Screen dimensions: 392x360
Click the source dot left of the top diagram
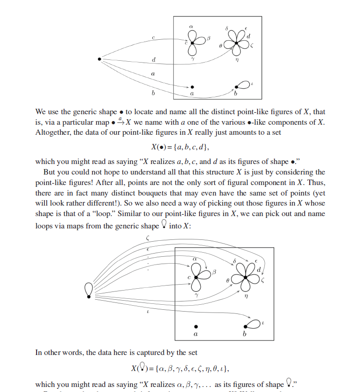click(x=99, y=58)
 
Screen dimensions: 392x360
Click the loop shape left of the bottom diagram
click(x=89, y=290)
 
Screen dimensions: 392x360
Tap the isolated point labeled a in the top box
click(x=192, y=87)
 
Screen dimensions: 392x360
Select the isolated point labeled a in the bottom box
click(x=196, y=327)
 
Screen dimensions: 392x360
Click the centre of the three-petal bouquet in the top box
click(x=193, y=43)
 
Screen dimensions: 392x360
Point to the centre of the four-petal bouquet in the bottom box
click(x=246, y=278)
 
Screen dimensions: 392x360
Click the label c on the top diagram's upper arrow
click(x=154, y=37)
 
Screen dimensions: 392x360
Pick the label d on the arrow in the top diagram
click(x=153, y=60)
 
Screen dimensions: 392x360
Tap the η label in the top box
click(x=237, y=59)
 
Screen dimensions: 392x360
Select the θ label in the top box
click(x=220, y=46)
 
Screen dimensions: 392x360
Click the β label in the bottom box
click(x=213, y=272)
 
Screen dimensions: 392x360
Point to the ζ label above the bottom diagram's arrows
click(x=147, y=238)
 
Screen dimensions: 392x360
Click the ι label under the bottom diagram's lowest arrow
click(x=148, y=313)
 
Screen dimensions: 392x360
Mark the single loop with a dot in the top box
click(x=242, y=85)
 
